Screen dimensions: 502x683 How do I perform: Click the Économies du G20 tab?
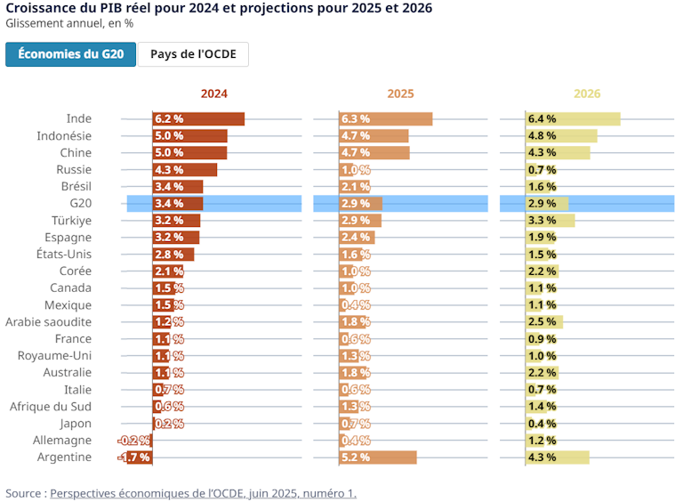(x=71, y=54)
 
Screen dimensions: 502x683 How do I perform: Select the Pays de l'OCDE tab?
(x=193, y=54)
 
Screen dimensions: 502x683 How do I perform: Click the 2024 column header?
(x=213, y=93)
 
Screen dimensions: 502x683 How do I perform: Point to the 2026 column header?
(x=587, y=93)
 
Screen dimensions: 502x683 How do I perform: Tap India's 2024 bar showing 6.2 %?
(x=198, y=119)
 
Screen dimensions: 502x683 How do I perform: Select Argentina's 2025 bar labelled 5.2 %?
(x=378, y=457)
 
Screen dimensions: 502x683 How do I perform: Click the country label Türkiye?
(x=71, y=221)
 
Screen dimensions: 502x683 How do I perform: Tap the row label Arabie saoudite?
(x=49, y=322)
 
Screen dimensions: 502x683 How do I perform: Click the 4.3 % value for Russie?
(x=169, y=170)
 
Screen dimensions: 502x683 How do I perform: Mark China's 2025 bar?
(x=374, y=153)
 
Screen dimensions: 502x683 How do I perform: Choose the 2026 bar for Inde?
(x=574, y=119)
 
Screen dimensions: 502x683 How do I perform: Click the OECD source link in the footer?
(x=203, y=493)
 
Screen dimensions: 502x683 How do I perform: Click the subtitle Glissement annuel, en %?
(x=63, y=24)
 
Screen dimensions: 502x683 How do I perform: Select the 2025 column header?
(x=400, y=93)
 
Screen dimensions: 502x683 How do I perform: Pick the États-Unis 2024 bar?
(x=173, y=255)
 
